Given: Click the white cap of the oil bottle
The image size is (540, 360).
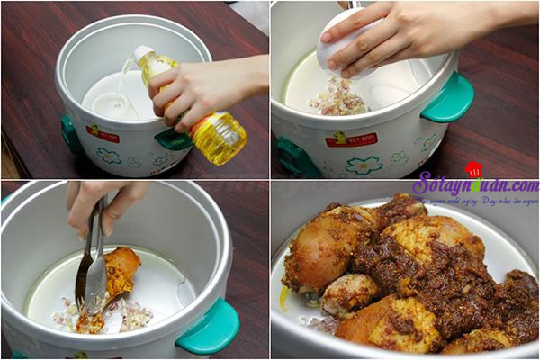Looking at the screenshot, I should coord(143,55).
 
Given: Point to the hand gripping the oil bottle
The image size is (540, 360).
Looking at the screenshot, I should coord(203,85).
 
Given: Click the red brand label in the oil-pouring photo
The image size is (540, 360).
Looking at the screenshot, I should coord(102,133).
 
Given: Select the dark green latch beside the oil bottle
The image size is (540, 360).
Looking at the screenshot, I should coord(171,139).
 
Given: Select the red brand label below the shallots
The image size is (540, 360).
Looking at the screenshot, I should coord(351,139).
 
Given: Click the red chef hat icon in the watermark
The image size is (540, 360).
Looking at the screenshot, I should coord(473,169).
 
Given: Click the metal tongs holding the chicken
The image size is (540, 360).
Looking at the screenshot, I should coord(92,270).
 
